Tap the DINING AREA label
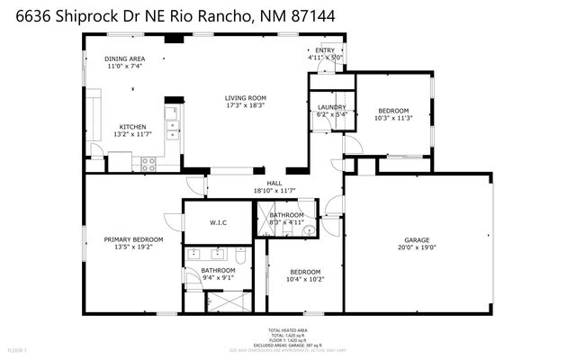125,58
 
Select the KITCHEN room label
133,127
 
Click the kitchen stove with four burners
149,164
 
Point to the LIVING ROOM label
246,98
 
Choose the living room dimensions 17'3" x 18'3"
246,105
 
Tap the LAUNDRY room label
332,108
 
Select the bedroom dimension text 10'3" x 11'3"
392,118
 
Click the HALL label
274,184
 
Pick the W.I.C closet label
218,221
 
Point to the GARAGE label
416,239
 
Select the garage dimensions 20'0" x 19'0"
416,247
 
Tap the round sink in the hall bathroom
308,231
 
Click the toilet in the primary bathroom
193,255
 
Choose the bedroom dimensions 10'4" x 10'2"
304,279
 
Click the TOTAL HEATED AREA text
288,330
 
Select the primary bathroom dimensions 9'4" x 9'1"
218,277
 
